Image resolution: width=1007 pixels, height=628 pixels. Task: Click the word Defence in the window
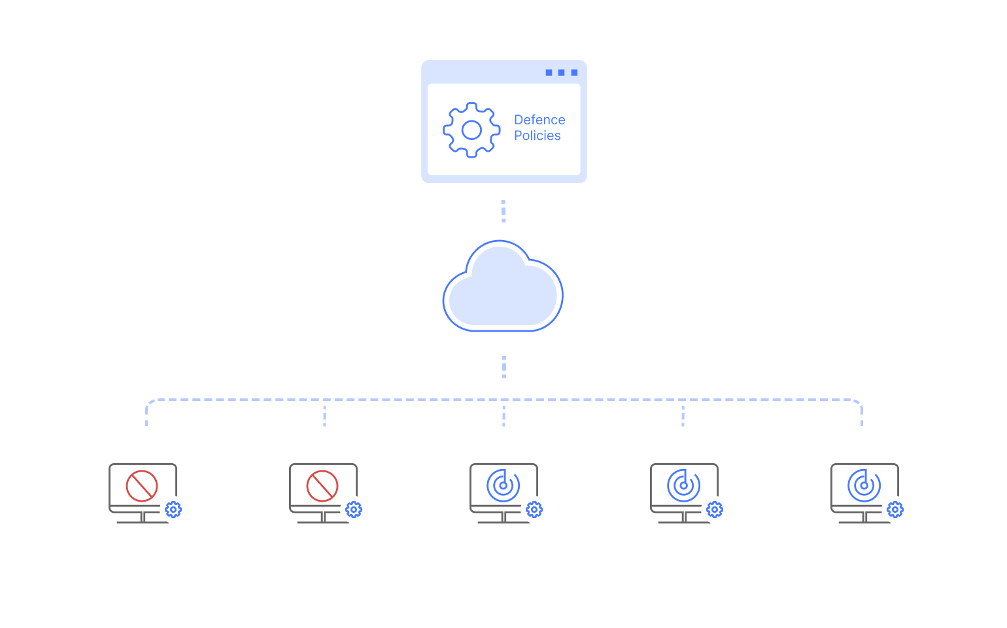pos(539,120)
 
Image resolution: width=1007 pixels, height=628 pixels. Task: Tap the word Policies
pos(537,135)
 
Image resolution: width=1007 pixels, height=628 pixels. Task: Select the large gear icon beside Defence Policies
pos(471,130)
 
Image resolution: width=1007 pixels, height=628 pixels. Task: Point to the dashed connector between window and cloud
pos(503,211)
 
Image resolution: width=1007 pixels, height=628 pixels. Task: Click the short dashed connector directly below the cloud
pos(503,367)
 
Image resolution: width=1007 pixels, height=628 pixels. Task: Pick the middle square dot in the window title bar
pos(561,73)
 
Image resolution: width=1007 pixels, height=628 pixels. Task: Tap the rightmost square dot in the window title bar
pos(574,73)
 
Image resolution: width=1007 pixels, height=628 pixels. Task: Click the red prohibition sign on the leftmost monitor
pos(142,486)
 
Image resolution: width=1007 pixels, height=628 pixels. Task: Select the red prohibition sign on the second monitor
pos(322,486)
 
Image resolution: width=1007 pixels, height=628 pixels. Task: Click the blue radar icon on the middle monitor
pos(503,486)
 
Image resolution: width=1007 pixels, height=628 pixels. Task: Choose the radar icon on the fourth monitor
pos(683,486)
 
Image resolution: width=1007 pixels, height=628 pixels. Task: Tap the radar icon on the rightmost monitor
pos(864,486)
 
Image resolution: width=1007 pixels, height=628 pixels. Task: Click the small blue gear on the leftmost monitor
pos(173,510)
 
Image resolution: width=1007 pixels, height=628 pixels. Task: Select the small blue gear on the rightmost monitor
pos(895,510)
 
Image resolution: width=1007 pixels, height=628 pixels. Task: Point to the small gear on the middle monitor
pos(534,510)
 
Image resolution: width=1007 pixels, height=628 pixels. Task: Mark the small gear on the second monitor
pos(354,510)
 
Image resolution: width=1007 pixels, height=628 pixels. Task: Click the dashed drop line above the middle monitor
pos(503,415)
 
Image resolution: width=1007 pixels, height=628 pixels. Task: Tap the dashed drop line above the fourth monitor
pos(683,415)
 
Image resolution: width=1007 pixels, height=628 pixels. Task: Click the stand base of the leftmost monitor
pos(143,521)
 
